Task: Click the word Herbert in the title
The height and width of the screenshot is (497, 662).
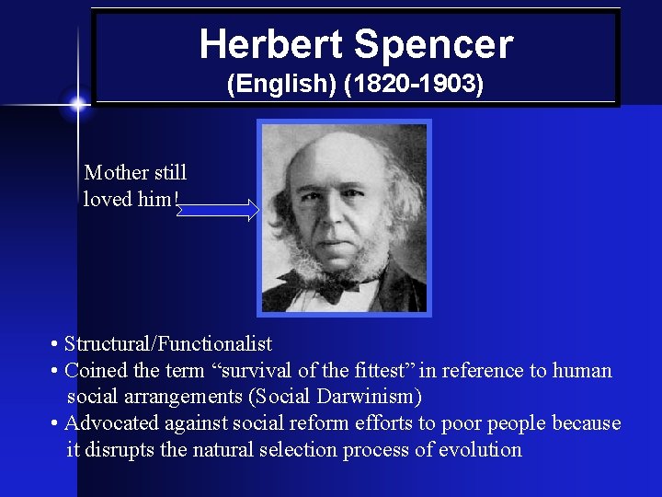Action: [270, 44]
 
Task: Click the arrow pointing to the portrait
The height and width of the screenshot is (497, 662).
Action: [218, 211]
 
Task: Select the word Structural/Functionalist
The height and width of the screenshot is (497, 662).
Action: [168, 344]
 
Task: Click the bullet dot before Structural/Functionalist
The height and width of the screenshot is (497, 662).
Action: [56, 345]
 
